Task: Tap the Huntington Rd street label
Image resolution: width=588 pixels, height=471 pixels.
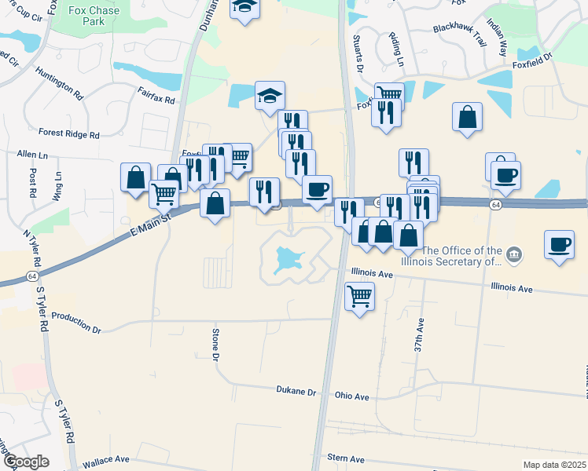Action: [59, 82]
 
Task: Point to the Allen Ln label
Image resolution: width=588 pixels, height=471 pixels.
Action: [32, 156]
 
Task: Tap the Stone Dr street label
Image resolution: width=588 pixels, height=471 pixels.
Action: [215, 346]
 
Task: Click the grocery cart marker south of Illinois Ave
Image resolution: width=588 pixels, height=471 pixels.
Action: [360, 297]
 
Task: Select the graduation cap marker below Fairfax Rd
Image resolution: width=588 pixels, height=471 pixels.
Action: [270, 96]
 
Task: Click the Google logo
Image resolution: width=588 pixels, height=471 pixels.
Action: [25, 462]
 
